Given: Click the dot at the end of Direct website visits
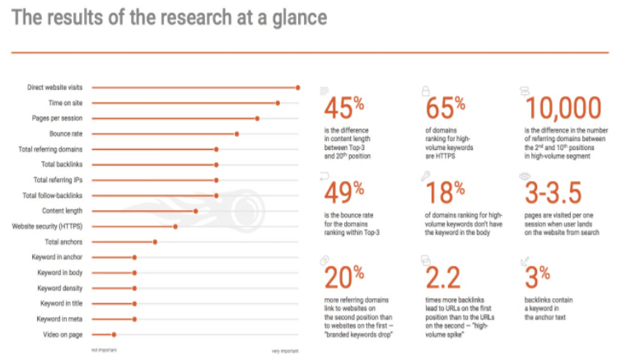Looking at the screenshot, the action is click(298, 88).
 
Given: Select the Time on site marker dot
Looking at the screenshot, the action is click(278, 103).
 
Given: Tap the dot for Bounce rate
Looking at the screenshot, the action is click(236, 134).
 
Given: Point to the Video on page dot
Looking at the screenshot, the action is click(114, 334).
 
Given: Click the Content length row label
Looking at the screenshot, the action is click(63, 211).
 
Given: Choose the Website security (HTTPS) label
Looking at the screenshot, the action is click(47, 227).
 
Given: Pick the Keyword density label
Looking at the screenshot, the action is click(60, 288).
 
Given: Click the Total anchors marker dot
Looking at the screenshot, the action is click(155, 242).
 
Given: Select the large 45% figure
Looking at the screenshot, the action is click(343, 108).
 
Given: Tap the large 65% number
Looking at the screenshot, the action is click(445, 108).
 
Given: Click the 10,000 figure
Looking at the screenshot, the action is click(563, 108).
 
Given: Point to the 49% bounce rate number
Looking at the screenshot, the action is click(343, 193).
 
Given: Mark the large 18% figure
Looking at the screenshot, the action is click(445, 193).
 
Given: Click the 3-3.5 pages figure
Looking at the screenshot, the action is click(553, 193).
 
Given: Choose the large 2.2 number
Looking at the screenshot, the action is click(443, 278).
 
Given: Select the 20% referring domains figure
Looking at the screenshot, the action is click(343, 278).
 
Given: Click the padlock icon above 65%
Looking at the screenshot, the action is click(426, 91).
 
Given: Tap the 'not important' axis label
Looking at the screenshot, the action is click(104, 350).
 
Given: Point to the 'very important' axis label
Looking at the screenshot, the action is click(285, 351).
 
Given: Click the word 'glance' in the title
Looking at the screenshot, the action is click(300, 18).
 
